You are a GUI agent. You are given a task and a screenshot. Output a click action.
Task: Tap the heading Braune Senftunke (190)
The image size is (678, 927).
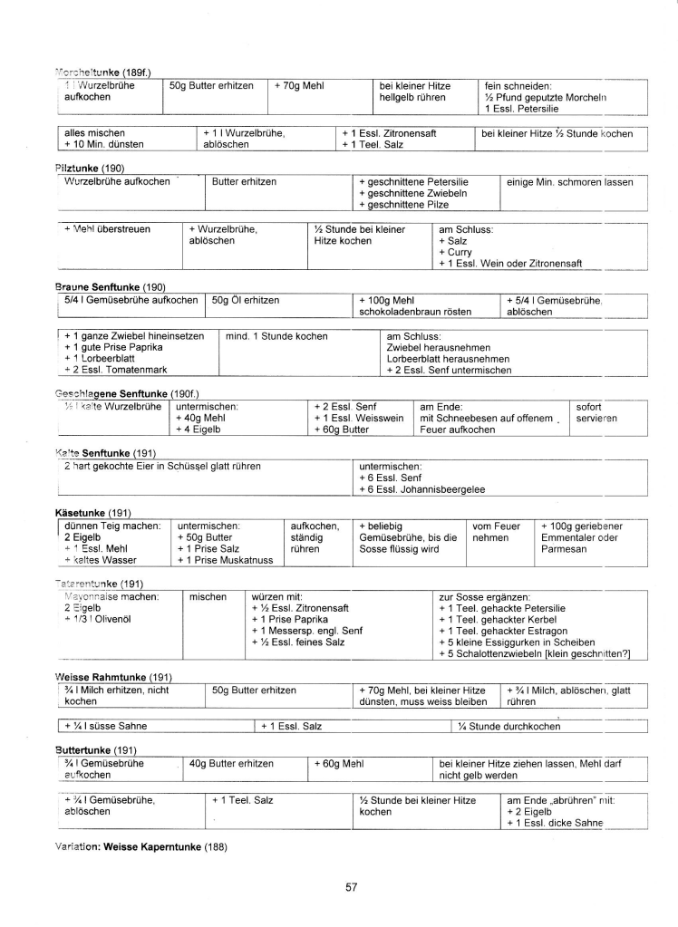pyautogui.click(x=110, y=287)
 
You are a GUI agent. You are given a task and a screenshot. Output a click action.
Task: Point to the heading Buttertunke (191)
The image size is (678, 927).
pyautogui.click(x=96, y=749)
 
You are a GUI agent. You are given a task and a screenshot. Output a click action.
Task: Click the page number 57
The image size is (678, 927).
pyautogui.click(x=352, y=887)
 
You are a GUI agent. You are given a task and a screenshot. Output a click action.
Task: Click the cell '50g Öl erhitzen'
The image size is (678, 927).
pyautogui.click(x=246, y=300)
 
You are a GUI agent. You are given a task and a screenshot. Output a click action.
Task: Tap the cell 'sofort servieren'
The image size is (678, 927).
pyautogui.click(x=596, y=412)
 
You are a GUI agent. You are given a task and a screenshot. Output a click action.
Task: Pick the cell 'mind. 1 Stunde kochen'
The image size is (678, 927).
pyautogui.click(x=277, y=336)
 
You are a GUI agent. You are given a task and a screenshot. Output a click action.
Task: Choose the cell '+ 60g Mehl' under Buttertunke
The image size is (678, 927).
pyautogui.click(x=344, y=764)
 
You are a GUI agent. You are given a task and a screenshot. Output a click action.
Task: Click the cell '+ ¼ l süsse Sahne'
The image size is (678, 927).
pyautogui.click(x=107, y=726)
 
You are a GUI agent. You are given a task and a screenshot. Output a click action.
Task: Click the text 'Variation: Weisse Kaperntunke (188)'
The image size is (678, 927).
pyautogui.click(x=140, y=847)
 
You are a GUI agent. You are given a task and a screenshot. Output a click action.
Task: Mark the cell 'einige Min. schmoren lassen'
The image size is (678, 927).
pyautogui.click(x=570, y=181)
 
